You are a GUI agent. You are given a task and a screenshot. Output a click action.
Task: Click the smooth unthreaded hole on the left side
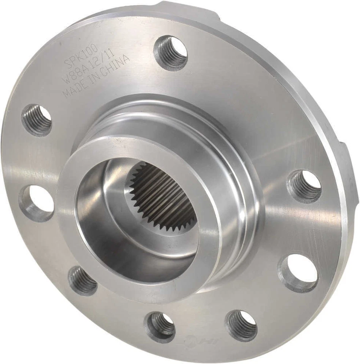37,201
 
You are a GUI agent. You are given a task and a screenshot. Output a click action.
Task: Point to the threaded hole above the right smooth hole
305,185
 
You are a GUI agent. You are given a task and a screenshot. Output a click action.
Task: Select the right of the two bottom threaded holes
241,325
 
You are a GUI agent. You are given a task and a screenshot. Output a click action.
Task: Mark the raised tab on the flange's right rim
348,159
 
